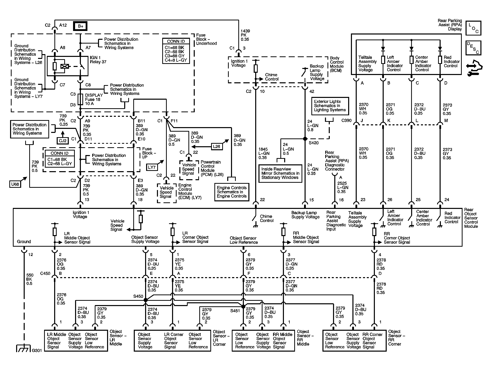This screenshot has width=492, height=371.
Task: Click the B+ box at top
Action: coord(80,26)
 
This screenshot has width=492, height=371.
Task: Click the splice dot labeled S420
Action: coord(305,139)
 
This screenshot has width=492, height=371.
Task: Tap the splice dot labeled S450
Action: coord(145,300)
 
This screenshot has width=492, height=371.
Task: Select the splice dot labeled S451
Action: coord(243,307)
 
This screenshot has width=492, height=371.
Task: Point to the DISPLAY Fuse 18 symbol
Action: coord(80,99)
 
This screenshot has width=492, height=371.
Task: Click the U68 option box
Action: coord(15,184)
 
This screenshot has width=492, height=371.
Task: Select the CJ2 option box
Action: coord(63,140)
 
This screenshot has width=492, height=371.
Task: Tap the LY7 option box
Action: coord(152,167)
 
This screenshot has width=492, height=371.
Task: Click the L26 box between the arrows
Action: coord(216,146)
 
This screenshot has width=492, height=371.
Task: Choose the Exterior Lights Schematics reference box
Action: coord(330,106)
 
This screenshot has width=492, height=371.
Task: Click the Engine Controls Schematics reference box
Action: coord(232,192)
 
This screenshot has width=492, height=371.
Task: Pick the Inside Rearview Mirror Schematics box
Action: coord(280,173)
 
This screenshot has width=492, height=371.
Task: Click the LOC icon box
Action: coord(473,28)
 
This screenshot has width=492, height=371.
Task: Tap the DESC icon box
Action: coord(473,48)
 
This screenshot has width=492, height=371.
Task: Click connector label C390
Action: coord(346,121)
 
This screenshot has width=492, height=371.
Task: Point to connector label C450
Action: coord(45,273)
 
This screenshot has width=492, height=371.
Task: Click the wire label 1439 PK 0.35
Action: coord(245,35)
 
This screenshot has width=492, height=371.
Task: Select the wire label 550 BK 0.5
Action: coord(29,279)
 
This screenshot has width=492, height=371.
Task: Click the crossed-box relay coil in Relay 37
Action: coord(65,66)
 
